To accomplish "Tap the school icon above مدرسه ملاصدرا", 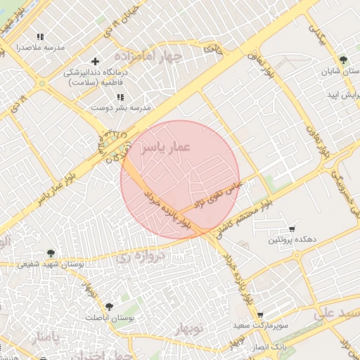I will tap(40, 37).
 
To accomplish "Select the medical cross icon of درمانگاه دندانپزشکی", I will tap(96, 61).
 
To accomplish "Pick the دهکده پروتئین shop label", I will tap(290, 240).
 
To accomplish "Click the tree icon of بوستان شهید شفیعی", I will tap(50, 253).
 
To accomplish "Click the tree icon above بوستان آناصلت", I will tap(108, 307).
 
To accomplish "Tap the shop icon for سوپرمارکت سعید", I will tap(260, 316).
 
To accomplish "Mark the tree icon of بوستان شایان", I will tap(342, 60).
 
